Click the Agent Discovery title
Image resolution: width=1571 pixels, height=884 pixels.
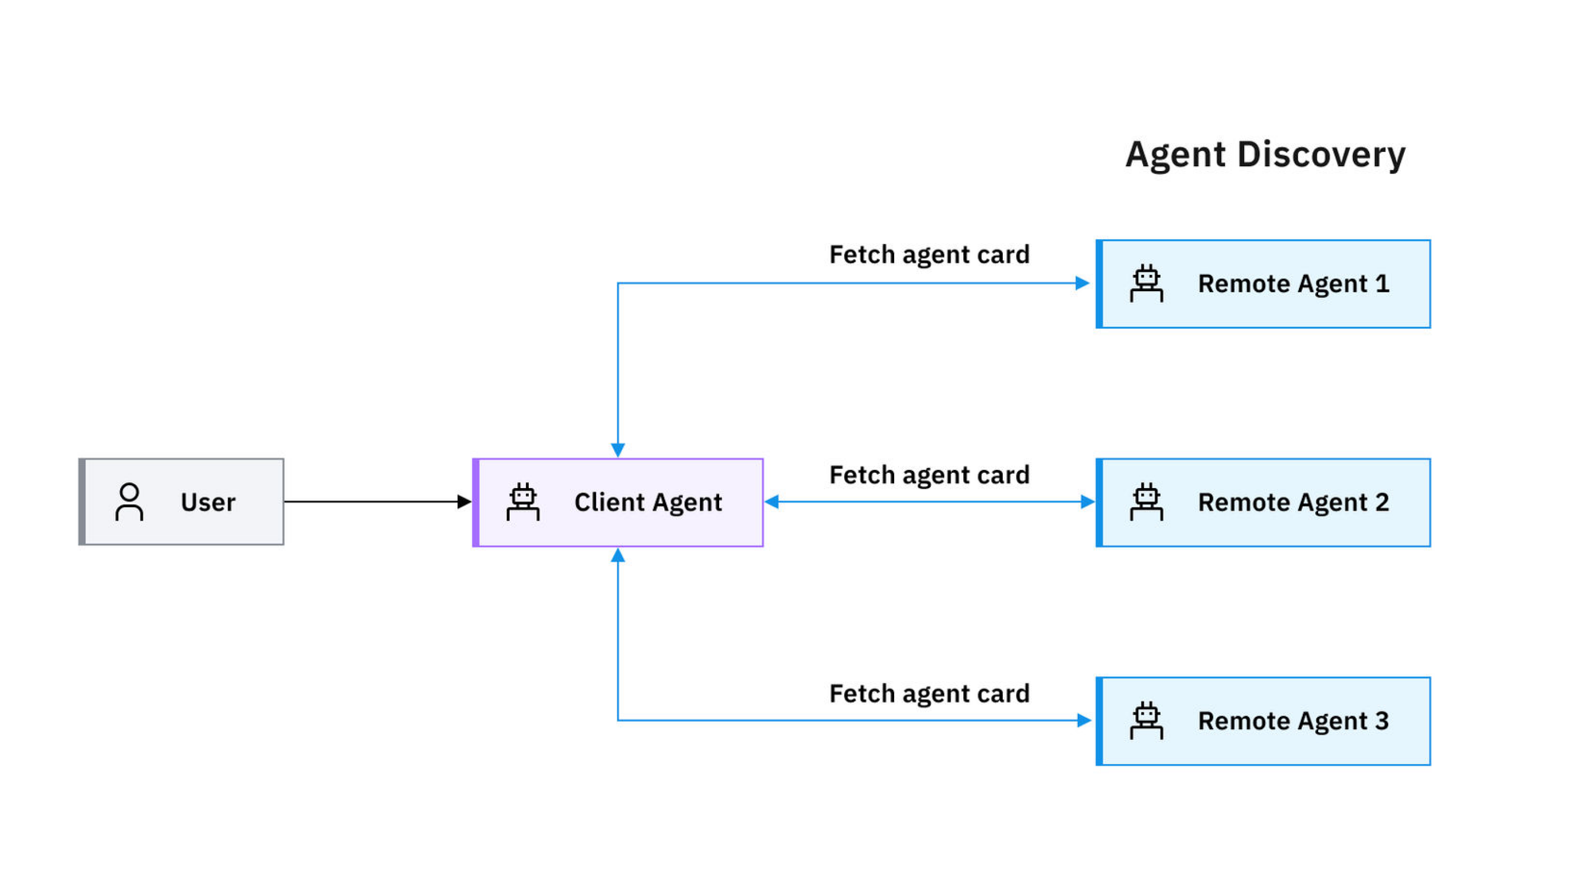coord(1265,154)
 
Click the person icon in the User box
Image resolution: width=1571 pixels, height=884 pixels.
coord(129,502)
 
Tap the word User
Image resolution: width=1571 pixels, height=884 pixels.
coord(208,502)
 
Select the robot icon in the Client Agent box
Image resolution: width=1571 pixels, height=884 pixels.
coord(523,502)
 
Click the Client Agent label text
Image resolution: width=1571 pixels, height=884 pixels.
coord(648,502)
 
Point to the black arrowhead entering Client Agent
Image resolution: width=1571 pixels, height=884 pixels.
coord(464,502)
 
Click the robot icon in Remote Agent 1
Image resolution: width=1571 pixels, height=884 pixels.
coord(1146,283)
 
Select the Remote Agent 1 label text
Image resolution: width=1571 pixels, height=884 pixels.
coord(1293,284)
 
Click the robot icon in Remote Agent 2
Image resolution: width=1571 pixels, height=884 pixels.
coord(1146,502)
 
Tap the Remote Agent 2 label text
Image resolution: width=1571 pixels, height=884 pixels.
coord(1293,502)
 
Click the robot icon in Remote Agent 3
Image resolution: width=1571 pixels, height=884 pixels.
coord(1146,721)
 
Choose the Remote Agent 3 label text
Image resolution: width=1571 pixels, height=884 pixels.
coord(1293,721)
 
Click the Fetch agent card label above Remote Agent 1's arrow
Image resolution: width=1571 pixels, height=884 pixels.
coord(929,255)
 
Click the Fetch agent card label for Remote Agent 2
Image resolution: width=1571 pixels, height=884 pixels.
coord(929,475)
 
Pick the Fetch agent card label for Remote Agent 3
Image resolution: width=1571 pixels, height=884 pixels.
coord(929,694)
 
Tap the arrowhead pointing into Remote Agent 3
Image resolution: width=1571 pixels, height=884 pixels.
coord(1084,721)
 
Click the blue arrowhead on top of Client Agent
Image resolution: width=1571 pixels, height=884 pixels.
coord(618,450)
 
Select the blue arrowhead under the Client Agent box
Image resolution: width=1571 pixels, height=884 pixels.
coord(618,555)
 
